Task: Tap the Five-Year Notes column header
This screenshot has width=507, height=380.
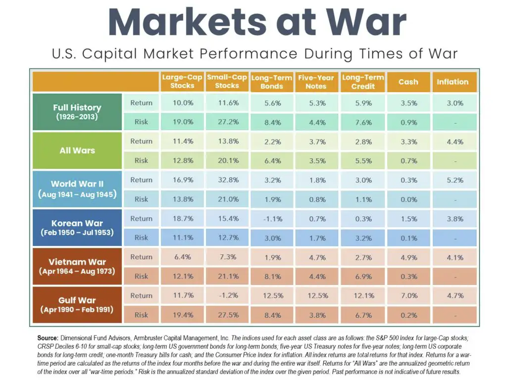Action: pos(316,82)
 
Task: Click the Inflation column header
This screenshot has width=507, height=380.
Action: pos(453,82)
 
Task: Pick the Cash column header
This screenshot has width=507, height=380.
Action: pos(408,82)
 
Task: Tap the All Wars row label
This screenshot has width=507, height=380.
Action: pos(77,150)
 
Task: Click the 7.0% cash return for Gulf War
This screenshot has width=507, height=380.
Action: pos(408,296)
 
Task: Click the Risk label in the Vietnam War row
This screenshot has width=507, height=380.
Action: pos(141,277)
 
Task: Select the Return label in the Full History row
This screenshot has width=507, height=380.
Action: pos(141,103)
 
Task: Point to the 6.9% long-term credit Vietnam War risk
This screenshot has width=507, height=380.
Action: pos(363,277)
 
